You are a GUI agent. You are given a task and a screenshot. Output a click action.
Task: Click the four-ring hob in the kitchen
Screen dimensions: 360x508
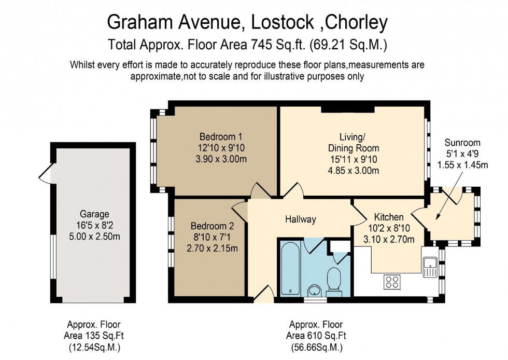point(391,282)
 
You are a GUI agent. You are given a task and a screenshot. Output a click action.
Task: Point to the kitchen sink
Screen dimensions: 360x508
point(430,266)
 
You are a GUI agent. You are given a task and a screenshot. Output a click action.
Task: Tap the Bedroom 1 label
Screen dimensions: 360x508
point(221,136)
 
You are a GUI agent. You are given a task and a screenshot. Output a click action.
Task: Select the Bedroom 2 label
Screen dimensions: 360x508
point(212,226)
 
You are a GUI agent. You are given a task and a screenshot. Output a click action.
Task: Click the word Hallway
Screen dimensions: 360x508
point(300,219)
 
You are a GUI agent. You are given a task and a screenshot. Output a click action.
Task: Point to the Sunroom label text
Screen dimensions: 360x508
point(462,143)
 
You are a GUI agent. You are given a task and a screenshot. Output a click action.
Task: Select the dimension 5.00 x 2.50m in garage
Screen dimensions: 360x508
point(94,234)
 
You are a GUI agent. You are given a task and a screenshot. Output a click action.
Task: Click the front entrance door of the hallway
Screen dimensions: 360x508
point(266,295)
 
